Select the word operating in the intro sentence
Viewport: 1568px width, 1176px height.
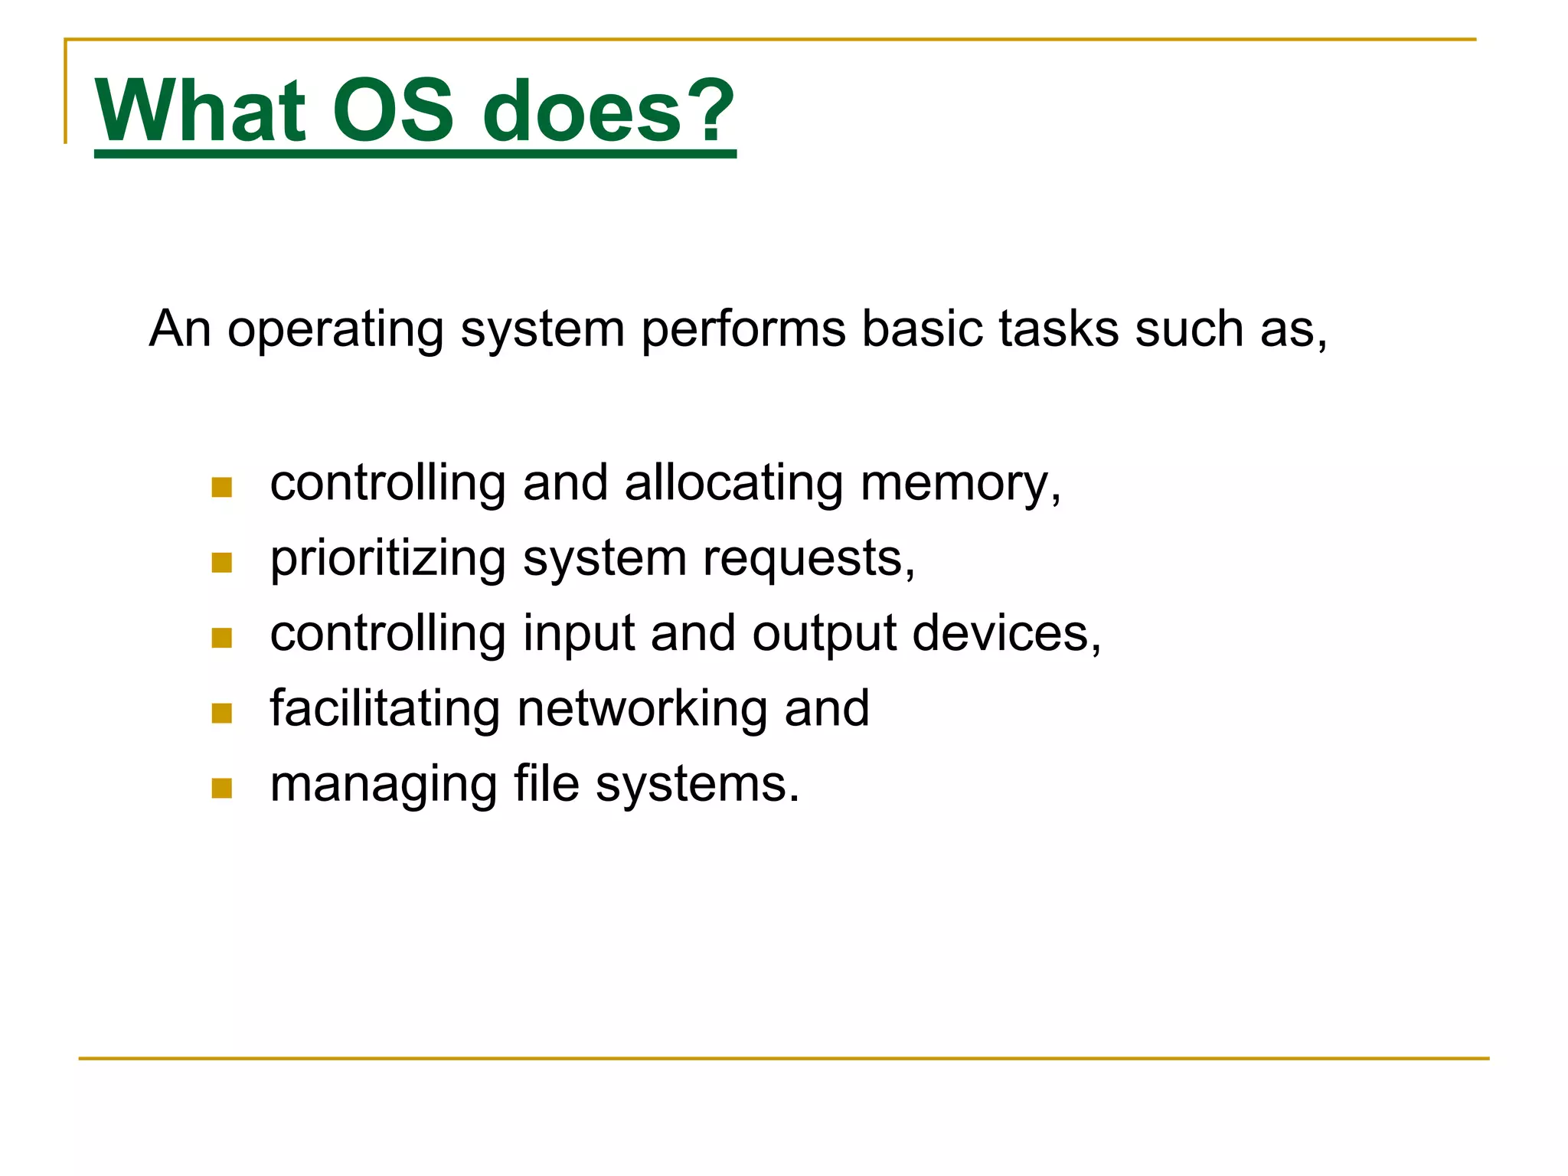335,331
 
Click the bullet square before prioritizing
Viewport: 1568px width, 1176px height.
221,563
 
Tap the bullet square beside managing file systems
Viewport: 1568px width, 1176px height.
221,789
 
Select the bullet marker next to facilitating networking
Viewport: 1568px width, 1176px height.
221,714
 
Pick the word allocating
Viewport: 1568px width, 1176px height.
733,484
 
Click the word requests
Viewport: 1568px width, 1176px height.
808,559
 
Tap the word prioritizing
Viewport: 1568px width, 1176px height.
387,560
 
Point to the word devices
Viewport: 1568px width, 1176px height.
1006,634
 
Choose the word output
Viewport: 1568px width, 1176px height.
824,635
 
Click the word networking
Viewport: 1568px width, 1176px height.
642,710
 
